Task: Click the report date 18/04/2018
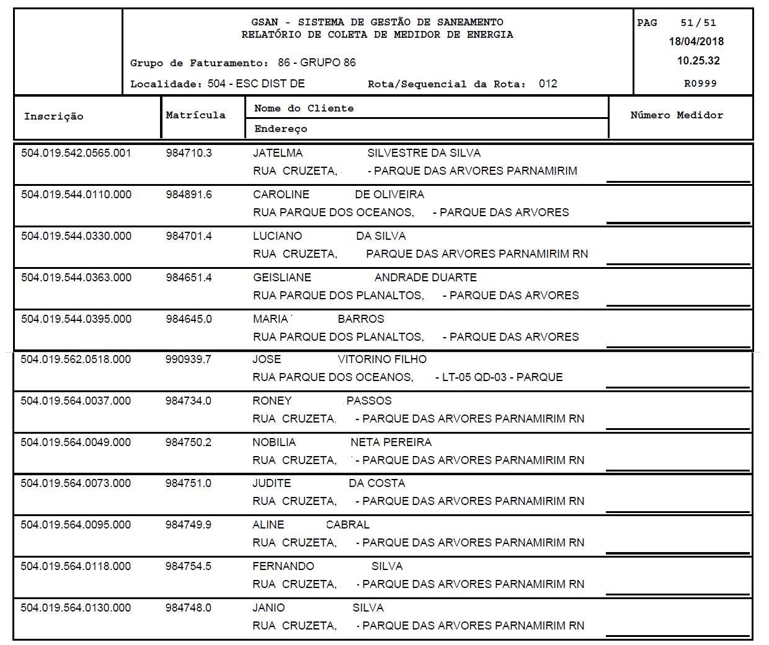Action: click(x=696, y=42)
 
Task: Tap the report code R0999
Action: click(x=700, y=84)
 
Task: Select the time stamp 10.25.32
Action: click(x=698, y=61)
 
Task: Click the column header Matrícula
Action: click(x=195, y=115)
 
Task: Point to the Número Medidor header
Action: click(x=677, y=115)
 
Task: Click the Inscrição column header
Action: click(x=53, y=116)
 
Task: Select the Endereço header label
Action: click(x=280, y=129)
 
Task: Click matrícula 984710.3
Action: click(x=189, y=153)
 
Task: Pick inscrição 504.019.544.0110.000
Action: click(x=76, y=195)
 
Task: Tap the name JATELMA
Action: click(x=278, y=153)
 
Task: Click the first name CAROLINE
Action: click(x=281, y=195)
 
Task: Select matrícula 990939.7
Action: click(x=188, y=359)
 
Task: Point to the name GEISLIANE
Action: click(x=282, y=278)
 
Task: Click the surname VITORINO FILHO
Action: click(x=382, y=359)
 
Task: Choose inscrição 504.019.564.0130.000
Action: click(x=76, y=608)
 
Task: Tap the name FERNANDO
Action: click(x=283, y=566)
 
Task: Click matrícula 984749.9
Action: click(x=188, y=525)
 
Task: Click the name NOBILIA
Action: click(x=274, y=442)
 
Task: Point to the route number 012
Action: click(x=548, y=84)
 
